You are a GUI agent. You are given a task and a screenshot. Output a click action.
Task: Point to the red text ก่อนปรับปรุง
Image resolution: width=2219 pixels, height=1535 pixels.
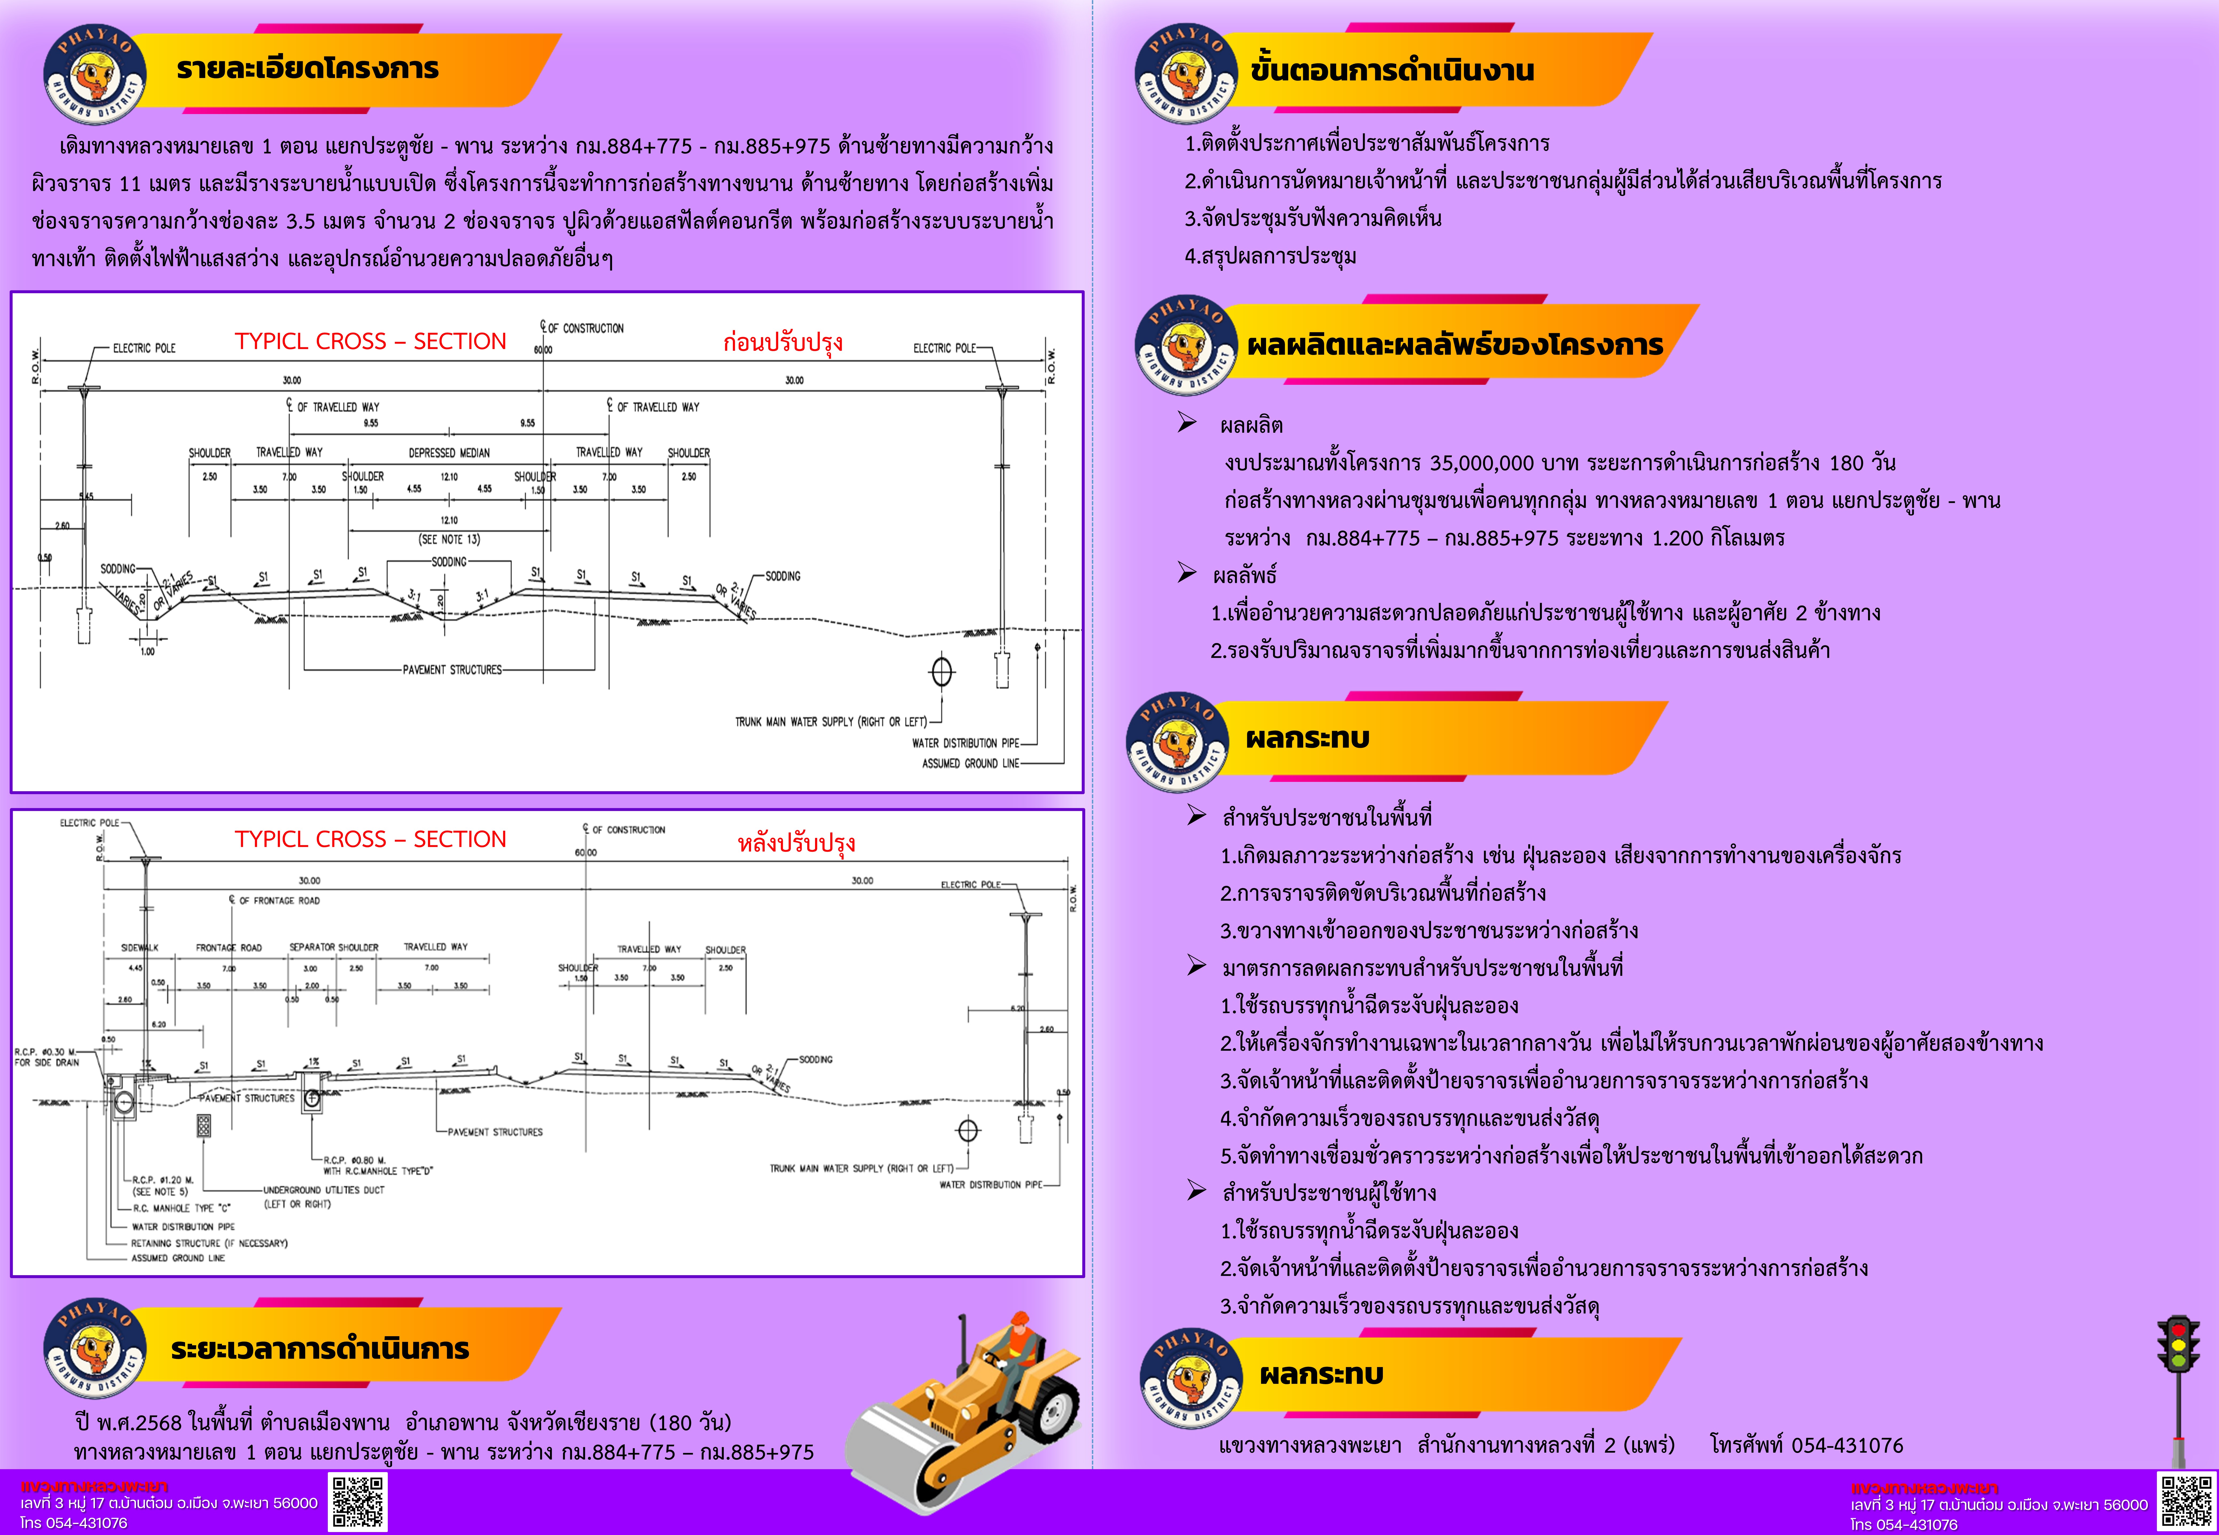pos(782,342)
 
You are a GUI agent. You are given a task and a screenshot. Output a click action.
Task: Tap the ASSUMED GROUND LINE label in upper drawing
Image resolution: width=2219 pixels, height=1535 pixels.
pos(970,764)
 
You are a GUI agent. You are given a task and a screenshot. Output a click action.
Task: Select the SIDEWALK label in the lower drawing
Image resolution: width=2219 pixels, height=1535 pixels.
pos(139,947)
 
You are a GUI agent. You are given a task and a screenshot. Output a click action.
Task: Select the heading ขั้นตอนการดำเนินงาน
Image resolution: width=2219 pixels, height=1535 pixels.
pos(1391,70)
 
